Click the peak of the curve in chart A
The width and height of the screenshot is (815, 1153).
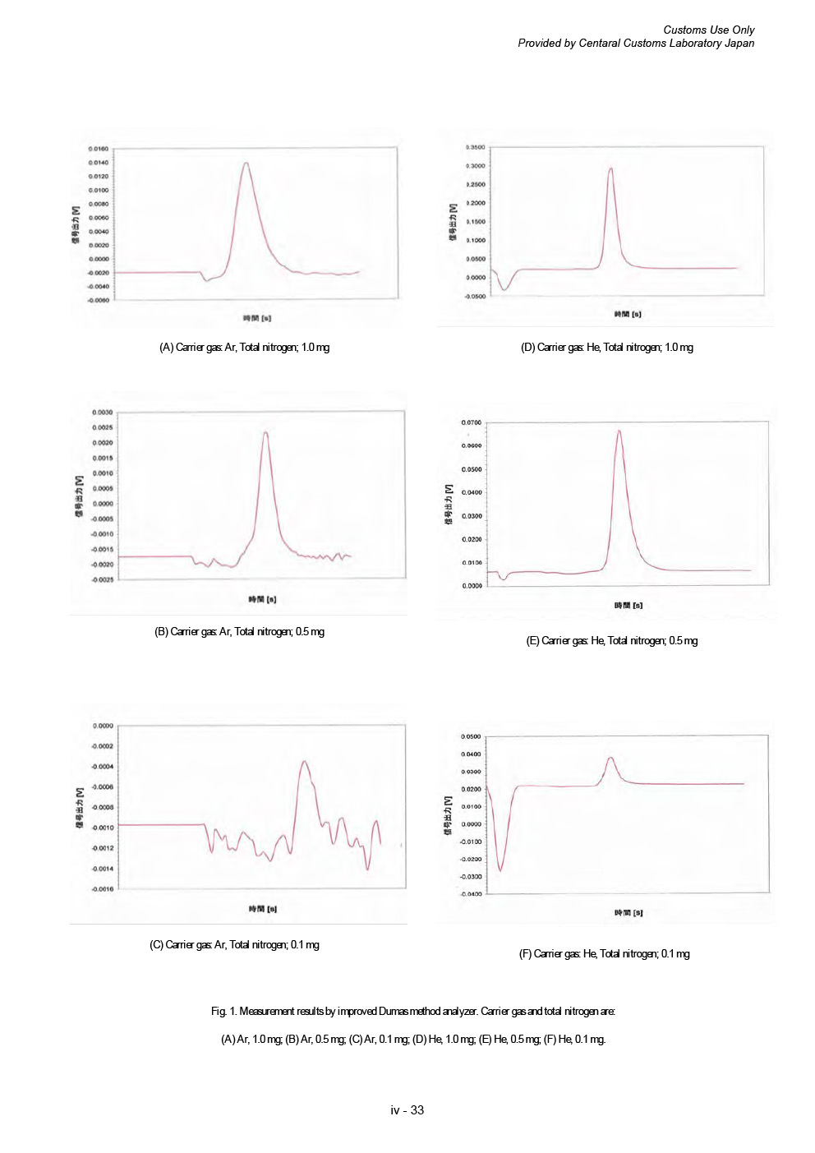coord(246,163)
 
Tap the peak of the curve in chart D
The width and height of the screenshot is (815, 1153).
coord(610,168)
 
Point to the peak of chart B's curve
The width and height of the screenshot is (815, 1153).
coord(265,432)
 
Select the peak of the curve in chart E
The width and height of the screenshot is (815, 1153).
coord(619,431)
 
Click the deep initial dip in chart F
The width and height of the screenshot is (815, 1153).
coord(500,870)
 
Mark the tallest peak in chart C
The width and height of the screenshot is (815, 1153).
coord(305,761)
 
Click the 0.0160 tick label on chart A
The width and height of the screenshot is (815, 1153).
coord(98,149)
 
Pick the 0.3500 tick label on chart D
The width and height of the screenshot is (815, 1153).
coord(475,147)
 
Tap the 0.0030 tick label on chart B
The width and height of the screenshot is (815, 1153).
coord(102,413)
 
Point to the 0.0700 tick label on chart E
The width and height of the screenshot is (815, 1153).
coord(471,422)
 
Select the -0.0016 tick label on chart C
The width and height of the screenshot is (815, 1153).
coord(102,888)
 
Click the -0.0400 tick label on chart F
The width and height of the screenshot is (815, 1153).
coord(471,893)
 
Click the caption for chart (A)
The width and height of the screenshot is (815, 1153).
coord(244,348)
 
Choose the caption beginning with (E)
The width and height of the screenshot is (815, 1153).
coord(611,641)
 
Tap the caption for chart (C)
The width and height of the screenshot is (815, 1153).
coord(234,945)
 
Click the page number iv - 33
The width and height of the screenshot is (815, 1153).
coord(407,1110)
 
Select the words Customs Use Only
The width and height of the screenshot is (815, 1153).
coord(708,30)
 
